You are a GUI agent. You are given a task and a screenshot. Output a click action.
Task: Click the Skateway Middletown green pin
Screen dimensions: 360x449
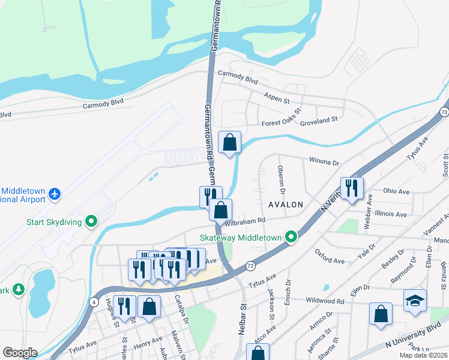(292, 238)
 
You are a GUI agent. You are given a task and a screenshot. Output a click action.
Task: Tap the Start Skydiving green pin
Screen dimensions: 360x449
(92, 222)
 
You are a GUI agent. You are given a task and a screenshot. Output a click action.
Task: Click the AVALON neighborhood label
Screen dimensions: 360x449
(285, 205)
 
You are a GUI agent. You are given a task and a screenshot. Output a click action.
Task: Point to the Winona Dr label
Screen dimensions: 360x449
(324, 162)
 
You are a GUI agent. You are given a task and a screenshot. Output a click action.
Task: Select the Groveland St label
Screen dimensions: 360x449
(319, 120)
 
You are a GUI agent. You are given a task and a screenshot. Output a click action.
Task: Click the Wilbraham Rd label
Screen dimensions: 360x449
(245, 222)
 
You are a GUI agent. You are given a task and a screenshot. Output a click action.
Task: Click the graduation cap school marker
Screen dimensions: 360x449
(415, 299)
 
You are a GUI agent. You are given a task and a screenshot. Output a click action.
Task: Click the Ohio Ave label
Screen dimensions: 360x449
(396, 191)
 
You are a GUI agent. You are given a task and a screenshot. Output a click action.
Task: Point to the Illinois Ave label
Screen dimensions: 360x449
(391, 214)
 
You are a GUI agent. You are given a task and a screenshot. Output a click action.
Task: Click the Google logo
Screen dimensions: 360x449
(20, 353)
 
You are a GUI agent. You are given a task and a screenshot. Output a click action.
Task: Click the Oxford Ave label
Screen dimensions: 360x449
(330, 260)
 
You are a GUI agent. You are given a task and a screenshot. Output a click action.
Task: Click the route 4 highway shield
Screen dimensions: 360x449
(94, 302)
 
